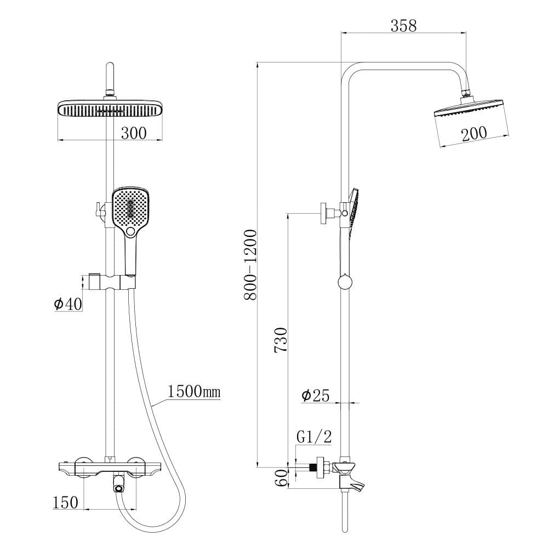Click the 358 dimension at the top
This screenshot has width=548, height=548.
click(403, 25)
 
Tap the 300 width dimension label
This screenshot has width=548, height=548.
click(134, 133)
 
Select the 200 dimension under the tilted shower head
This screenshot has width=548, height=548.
click(474, 133)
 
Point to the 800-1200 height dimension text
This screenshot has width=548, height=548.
click(250, 264)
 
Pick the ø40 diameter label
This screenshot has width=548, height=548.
click(68, 304)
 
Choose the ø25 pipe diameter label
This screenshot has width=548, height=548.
click(316, 395)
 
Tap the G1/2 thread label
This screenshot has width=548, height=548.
click(314, 437)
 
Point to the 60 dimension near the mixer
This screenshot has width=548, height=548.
click(281, 478)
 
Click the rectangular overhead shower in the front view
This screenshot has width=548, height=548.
click(110, 109)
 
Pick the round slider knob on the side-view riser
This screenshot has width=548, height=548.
click(345, 282)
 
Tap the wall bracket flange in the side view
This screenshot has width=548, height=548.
click(325, 213)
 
